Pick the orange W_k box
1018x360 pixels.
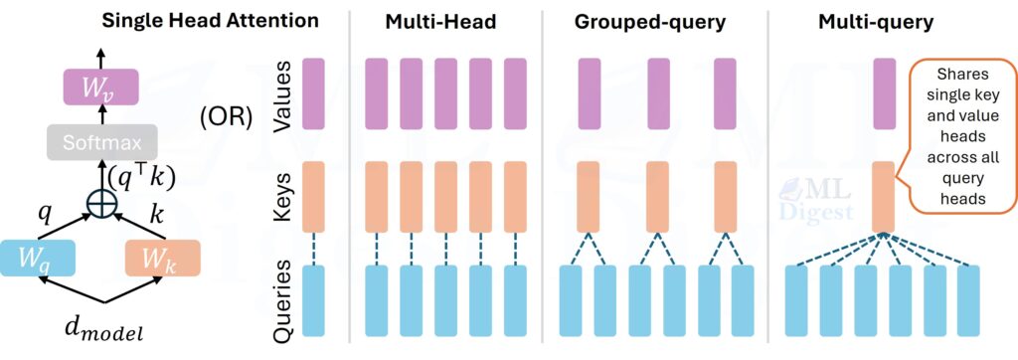[x=163, y=258]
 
